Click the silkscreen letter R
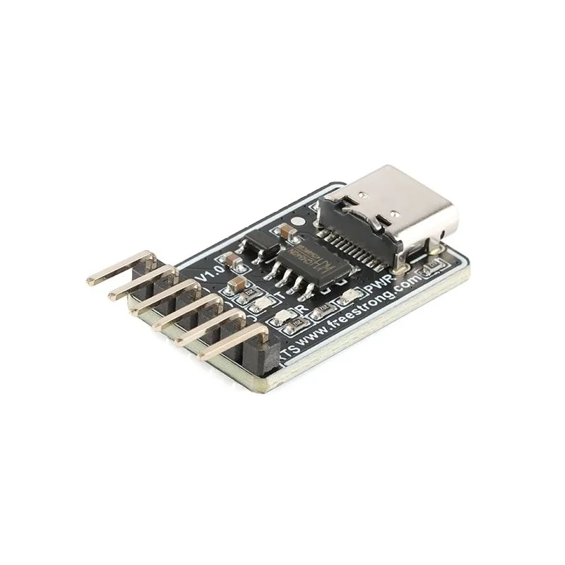pyautogui.click(x=302, y=309)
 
